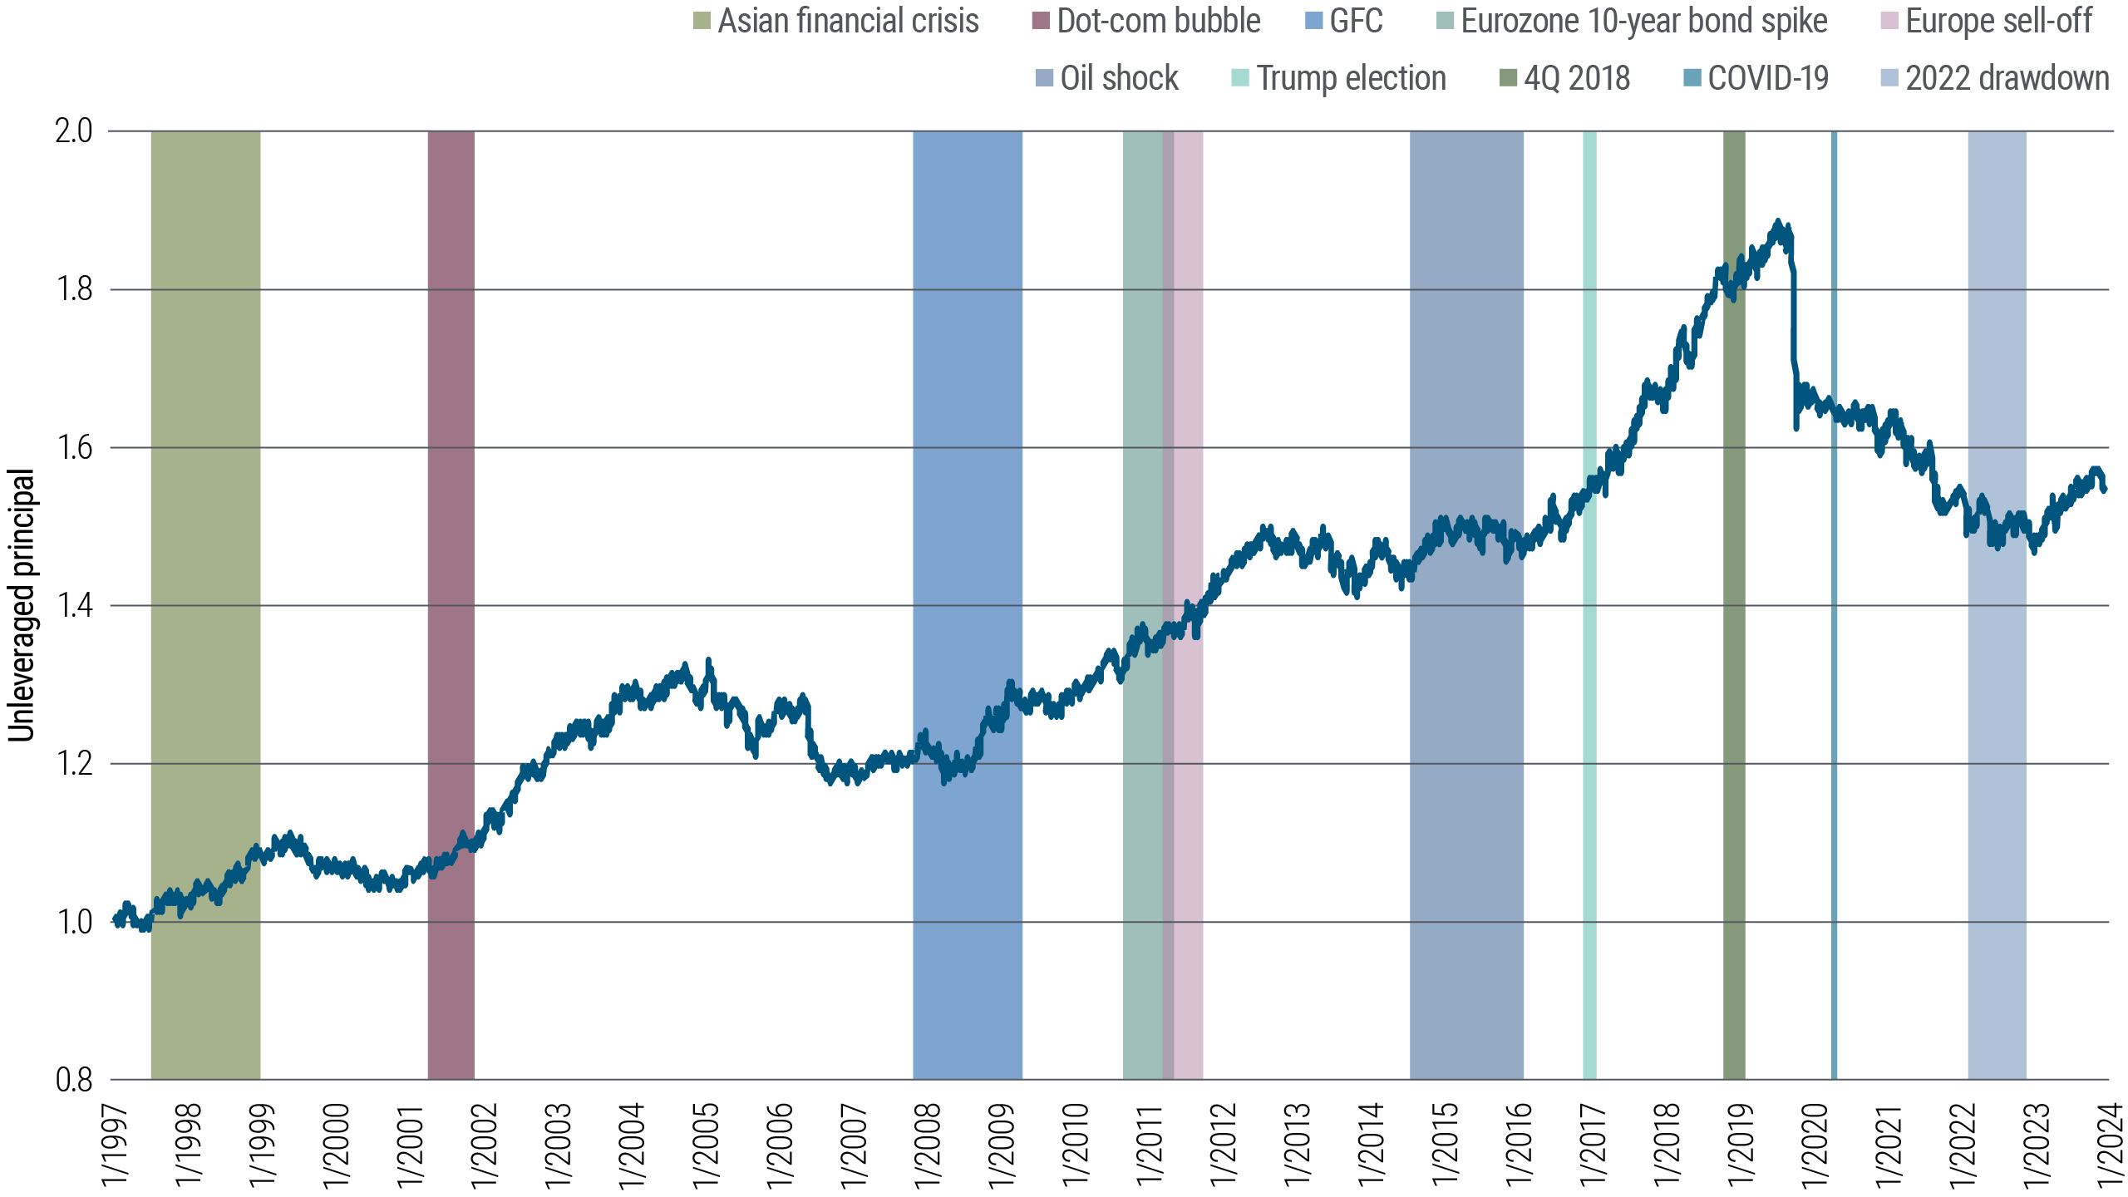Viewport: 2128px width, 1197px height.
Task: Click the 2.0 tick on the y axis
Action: point(74,131)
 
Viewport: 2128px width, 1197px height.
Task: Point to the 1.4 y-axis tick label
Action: point(74,606)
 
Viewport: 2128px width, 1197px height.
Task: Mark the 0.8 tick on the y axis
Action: point(74,1081)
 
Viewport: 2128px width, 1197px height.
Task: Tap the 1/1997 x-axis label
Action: point(113,1143)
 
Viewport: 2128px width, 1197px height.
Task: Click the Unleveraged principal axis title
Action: point(22,605)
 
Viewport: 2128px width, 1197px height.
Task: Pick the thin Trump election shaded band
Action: point(1589,748)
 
